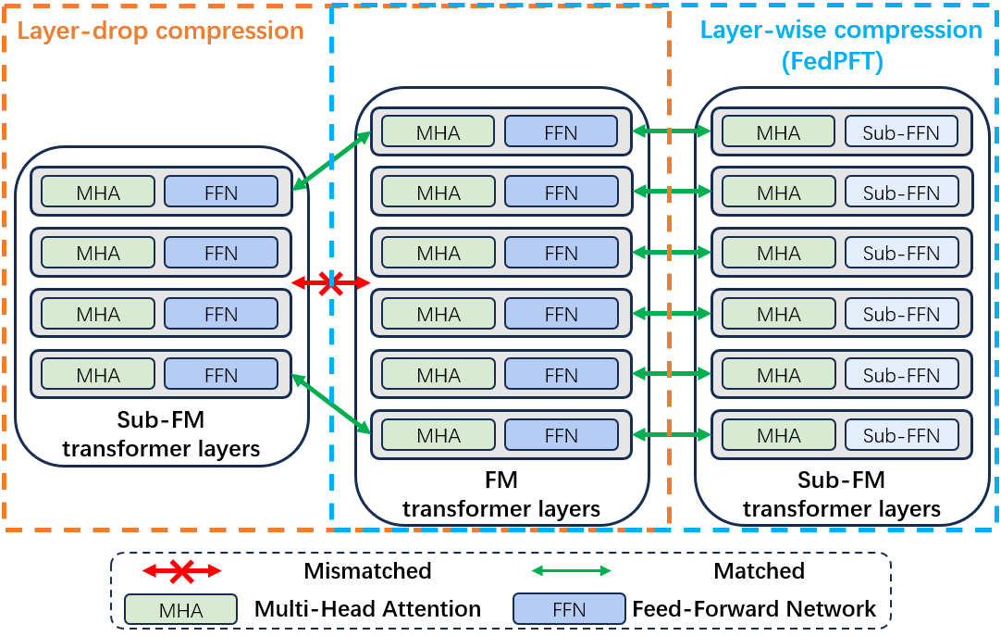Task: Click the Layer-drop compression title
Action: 161,31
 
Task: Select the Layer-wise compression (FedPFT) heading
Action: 840,44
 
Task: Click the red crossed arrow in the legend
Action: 181,570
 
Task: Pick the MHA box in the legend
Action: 180,609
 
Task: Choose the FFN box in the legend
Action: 569,609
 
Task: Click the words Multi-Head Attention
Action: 367,609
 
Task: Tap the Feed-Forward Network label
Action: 754,609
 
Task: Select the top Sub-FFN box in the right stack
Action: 901,132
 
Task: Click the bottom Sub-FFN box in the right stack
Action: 901,435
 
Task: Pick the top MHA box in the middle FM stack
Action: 439,132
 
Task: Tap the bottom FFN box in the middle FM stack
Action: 561,435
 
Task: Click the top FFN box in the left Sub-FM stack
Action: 221,193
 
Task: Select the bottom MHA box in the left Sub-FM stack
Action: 98,375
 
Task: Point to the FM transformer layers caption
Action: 501,494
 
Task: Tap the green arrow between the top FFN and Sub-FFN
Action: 672,132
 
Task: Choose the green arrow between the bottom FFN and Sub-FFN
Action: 672,435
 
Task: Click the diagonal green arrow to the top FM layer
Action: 331,162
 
